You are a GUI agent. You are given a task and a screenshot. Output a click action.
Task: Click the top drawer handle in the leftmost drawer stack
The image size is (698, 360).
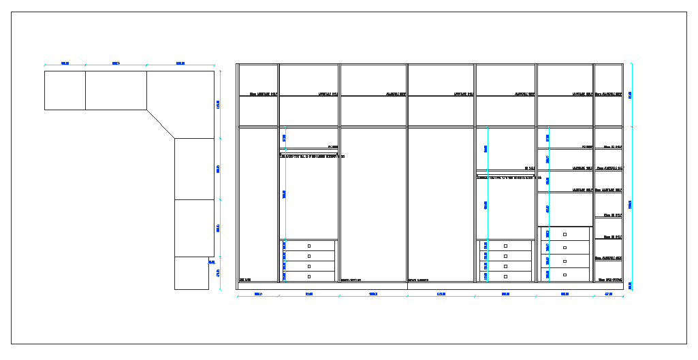[309, 246]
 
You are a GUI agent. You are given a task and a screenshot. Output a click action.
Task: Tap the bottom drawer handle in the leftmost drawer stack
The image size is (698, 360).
[309, 277]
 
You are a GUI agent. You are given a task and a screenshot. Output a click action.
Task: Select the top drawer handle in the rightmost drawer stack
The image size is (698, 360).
[565, 234]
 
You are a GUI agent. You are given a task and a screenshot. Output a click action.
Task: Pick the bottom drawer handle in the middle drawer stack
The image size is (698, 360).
[505, 277]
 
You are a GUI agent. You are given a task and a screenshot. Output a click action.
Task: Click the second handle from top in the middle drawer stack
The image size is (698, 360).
[505, 256]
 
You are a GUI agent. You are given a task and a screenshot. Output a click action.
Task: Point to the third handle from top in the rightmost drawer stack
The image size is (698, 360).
[565, 261]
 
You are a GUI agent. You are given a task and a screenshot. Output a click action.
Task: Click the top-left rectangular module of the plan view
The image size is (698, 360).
[65, 90]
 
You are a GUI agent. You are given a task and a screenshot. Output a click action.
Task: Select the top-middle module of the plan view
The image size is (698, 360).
[116, 90]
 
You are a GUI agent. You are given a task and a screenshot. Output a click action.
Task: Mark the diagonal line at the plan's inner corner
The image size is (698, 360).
[161, 124]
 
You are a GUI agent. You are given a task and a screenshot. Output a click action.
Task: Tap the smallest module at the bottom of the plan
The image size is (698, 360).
[191, 273]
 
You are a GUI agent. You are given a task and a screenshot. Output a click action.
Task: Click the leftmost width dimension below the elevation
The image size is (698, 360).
[258, 295]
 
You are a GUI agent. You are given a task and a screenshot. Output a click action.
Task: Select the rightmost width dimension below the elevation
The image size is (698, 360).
[609, 295]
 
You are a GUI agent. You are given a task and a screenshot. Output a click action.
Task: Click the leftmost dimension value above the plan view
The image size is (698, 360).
[65, 64]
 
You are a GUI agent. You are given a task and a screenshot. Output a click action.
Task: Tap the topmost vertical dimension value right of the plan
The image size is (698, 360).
[219, 104]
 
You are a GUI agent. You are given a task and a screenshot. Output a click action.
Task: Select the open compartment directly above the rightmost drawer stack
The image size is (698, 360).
[565, 209]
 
